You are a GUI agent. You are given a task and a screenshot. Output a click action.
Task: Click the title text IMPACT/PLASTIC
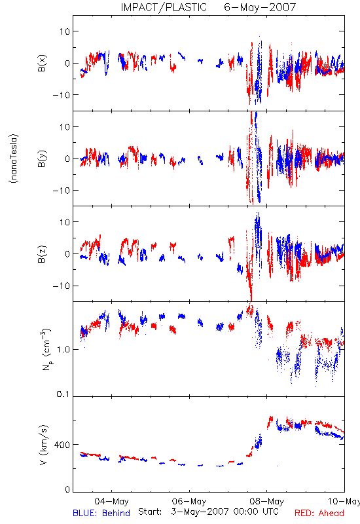164,7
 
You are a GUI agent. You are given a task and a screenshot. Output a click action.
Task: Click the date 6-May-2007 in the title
260,7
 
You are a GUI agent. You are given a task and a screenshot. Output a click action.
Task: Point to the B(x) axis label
42,63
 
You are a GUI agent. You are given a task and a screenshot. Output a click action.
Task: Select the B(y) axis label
42,159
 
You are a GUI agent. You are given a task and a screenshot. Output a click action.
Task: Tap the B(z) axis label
42,254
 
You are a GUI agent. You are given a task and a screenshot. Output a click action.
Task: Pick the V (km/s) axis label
43,445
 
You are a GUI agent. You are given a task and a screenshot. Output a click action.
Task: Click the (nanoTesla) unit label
14,159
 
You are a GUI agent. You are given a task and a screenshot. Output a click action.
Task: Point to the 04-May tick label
111,501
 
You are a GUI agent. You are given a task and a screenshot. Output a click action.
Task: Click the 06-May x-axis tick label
189,501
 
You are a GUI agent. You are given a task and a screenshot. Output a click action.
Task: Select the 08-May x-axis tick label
267,501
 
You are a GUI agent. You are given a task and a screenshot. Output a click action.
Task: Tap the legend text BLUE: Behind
101,513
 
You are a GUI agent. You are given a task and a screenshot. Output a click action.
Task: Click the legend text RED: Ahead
319,513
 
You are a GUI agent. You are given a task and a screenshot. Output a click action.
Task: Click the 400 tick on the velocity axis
62,445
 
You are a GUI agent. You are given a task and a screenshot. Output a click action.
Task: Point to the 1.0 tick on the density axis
63,350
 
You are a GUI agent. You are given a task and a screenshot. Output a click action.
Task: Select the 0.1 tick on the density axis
63,394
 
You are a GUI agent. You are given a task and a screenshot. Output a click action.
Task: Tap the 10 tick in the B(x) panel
65,31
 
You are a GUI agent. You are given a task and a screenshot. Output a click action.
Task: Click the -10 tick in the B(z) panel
62,286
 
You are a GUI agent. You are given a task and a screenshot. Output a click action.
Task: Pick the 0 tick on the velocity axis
67,489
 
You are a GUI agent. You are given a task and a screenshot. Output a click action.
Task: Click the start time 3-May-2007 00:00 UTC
225,512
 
